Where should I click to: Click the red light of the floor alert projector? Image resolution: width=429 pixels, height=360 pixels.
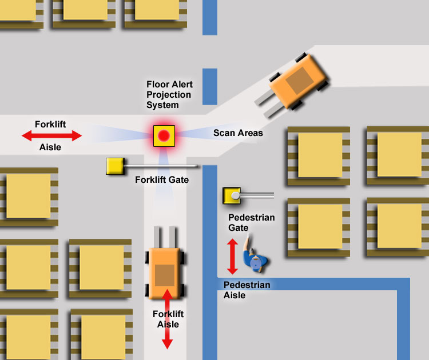tap(164, 136)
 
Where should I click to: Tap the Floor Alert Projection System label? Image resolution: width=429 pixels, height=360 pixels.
tap(169, 95)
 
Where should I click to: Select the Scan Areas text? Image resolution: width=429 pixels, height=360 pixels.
tap(238, 133)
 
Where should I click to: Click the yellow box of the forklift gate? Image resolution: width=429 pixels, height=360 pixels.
tap(114, 166)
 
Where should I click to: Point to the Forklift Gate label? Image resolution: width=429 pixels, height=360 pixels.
tap(162, 179)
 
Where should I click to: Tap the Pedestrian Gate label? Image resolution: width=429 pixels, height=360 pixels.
tap(251, 223)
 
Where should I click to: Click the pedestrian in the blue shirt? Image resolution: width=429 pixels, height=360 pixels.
tap(255, 261)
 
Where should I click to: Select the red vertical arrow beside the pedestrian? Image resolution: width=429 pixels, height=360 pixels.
tap(232, 257)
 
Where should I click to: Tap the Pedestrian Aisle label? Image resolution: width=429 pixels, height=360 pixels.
tap(247, 290)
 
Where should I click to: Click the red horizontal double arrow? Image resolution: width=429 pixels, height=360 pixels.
tap(52, 135)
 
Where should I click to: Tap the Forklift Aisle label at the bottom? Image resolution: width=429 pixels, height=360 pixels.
tap(168, 319)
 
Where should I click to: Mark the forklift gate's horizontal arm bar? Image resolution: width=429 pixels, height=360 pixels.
tap(160, 166)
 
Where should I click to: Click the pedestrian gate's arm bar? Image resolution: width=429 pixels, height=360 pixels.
tap(257, 195)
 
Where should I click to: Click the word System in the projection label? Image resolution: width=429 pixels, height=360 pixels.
tap(162, 105)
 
